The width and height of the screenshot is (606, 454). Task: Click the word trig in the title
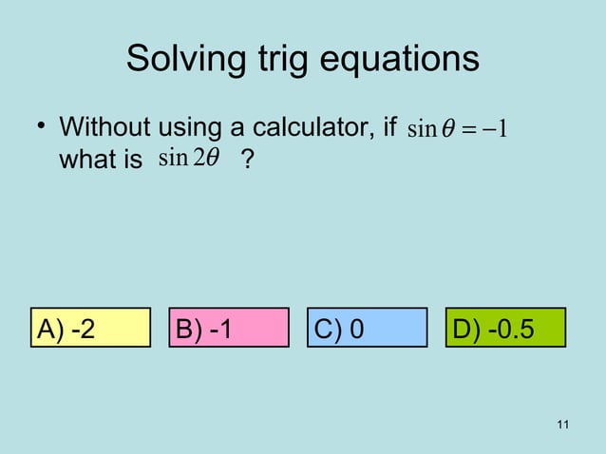pos(275,59)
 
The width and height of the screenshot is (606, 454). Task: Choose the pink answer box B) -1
pos(229,329)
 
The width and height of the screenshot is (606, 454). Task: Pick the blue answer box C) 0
pos(368,329)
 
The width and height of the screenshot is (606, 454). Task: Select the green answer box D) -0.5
pos(505,329)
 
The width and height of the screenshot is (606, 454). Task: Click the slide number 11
pos(563,424)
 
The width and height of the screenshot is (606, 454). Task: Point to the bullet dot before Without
pos(41,128)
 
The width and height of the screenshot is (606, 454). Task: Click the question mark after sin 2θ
pos(247,161)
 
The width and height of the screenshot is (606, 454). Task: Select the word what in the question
pos(85,161)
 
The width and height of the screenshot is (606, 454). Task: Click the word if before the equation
pos(388,128)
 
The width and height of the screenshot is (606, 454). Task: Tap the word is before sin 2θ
pos(131,161)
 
